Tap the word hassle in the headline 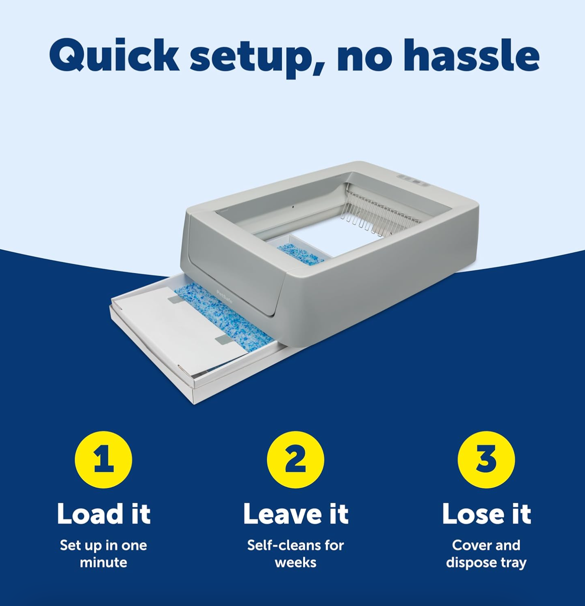[x=472, y=55]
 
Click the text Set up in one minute [x=104, y=554]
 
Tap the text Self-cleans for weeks [x=296, y=554]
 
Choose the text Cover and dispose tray [x=486, y=554]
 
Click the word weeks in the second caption [x=296, y=562]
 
